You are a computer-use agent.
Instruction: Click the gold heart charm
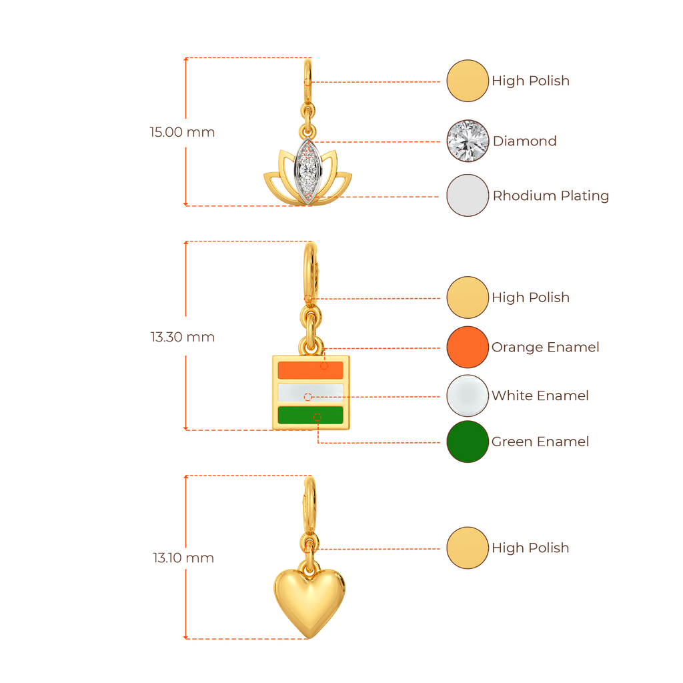click(309, 596)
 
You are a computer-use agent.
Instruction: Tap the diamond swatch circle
click(467, 141)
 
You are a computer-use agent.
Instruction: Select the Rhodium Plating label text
click(551, 196)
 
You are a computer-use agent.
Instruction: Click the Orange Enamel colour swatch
click(467, 347)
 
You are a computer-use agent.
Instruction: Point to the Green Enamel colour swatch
click(467, 442)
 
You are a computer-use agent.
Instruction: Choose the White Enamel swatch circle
click(467, 396)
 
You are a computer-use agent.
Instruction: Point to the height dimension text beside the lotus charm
click(182, 132)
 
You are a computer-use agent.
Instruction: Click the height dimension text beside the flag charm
click(182, 337)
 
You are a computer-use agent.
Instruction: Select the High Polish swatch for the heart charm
click(467, 548)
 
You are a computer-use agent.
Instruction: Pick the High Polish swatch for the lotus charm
click(467, 81)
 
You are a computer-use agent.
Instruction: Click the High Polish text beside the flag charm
click(531, 297)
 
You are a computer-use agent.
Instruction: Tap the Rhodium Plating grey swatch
click(467, 195)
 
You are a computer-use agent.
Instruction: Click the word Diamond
click(524, 141)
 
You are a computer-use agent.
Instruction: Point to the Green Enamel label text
click(540, 442)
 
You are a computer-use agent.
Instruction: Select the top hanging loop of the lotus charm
click(307, 72)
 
